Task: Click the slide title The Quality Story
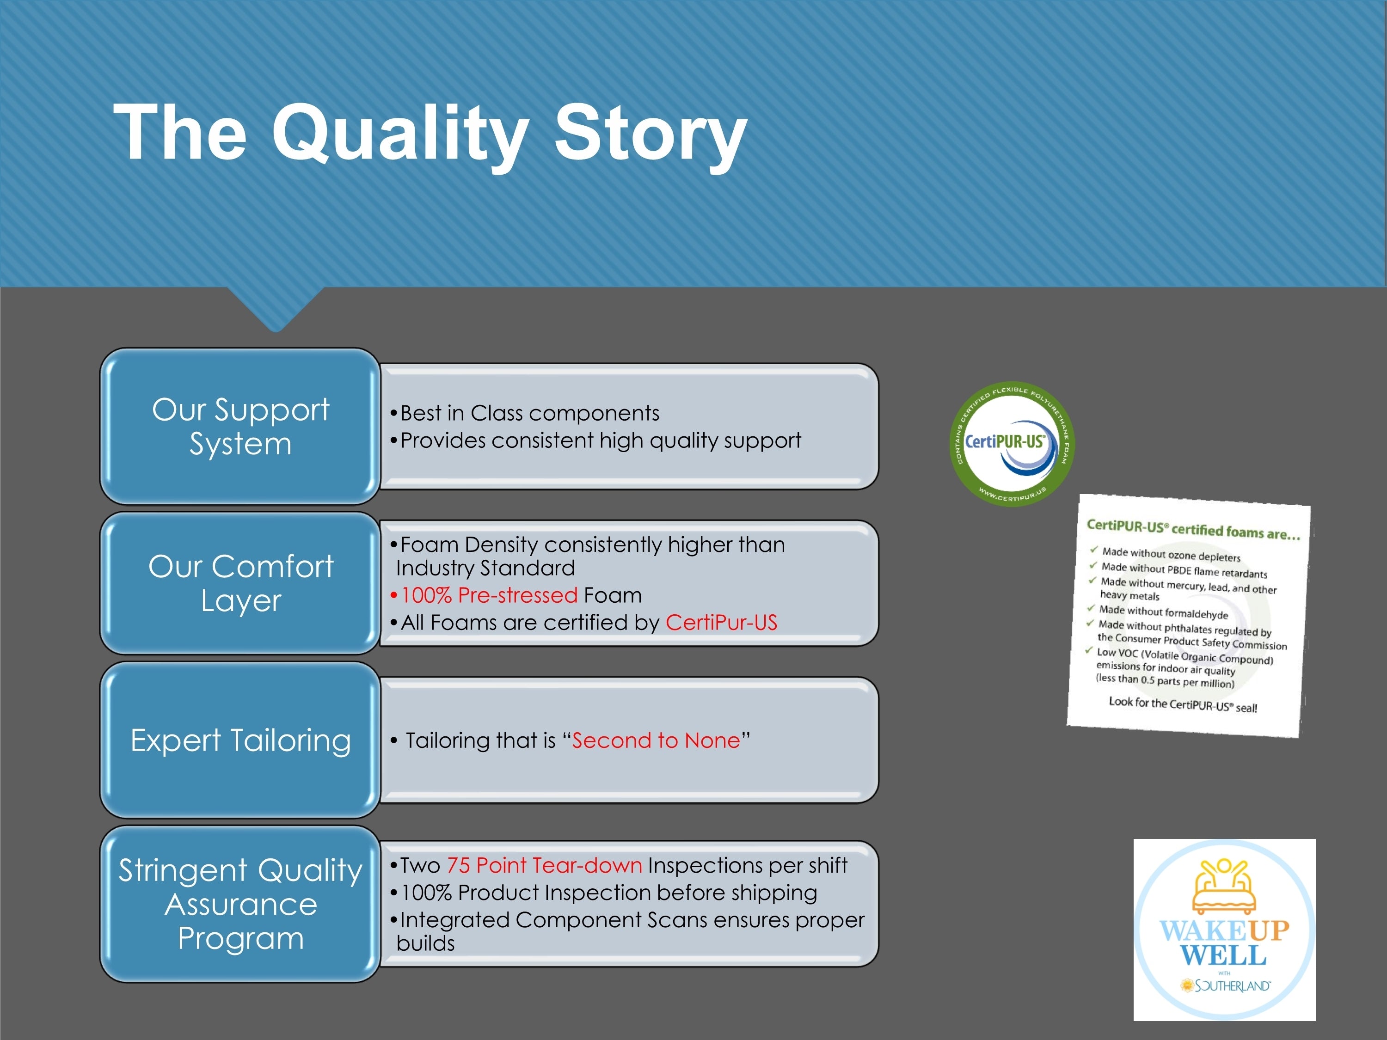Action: click(430, 134)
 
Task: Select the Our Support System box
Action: click(241, 426)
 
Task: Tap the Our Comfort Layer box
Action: click(241, 583)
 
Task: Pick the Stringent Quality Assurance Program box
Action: click(241, 904)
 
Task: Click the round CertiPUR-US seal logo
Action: click(1012, 444)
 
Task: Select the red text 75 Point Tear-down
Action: click(544, 865)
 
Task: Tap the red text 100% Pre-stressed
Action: click(489, 595)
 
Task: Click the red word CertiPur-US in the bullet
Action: click(721, 623)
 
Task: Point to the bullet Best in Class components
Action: click(530, 413)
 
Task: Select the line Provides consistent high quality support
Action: click(600, 440)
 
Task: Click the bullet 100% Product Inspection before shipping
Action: click(608, 893)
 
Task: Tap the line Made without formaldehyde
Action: click(1163, 612)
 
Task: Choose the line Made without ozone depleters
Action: click(1171, 554)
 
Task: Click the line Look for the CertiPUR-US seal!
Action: click(1183, 704)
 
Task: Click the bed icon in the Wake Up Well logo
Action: click(1224, 887)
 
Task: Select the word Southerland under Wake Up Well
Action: click(1232, 985)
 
